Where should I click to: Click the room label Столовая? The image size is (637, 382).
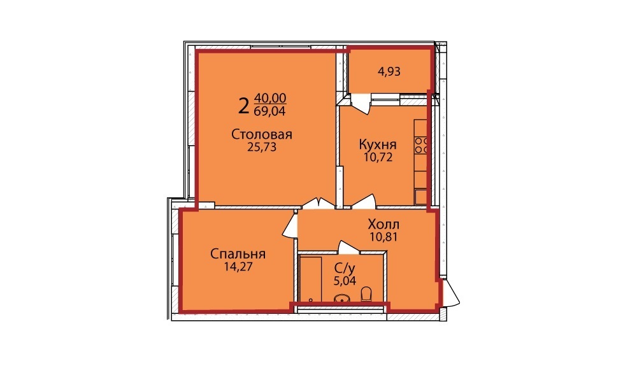click(262, 134)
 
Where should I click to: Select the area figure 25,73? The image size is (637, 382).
click(262, 147)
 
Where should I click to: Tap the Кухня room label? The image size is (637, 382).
click(378, 145)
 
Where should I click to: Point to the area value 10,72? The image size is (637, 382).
click(378, 157)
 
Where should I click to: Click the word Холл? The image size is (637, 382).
click(383, 224)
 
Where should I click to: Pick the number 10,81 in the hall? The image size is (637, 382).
click(383, 237)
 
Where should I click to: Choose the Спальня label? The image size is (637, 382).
click(238, 254)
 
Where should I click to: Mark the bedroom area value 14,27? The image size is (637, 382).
click(238, 267)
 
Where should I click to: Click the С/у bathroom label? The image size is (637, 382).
click(345, 268)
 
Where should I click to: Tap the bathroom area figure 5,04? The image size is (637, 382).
click(345, 281)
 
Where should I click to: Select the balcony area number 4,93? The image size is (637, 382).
click(389, 72)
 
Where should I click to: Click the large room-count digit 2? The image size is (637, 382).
click(243, 106)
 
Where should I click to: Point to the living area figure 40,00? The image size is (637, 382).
click(270, 98)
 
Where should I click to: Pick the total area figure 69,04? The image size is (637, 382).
click(269, 111)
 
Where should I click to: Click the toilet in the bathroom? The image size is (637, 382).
click(366, 294)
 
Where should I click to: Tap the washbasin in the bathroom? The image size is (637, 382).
click(342, 299)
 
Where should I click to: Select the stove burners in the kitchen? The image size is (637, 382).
click(421, 146)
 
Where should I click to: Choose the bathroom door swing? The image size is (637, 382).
click(348, 247)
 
